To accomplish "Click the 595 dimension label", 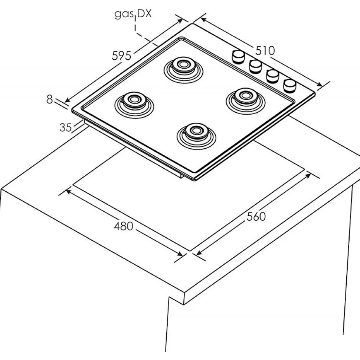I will [122, 56].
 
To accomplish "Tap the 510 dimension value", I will [265, 50].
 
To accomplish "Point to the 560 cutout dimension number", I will [256, 216].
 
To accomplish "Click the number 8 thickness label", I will [50, 99].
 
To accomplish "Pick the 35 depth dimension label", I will [65, 127].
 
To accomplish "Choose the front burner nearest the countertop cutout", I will [194, 132].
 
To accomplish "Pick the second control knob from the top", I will [255, 66].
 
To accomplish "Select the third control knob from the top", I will [272, 75].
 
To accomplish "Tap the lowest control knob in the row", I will [289, 85].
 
